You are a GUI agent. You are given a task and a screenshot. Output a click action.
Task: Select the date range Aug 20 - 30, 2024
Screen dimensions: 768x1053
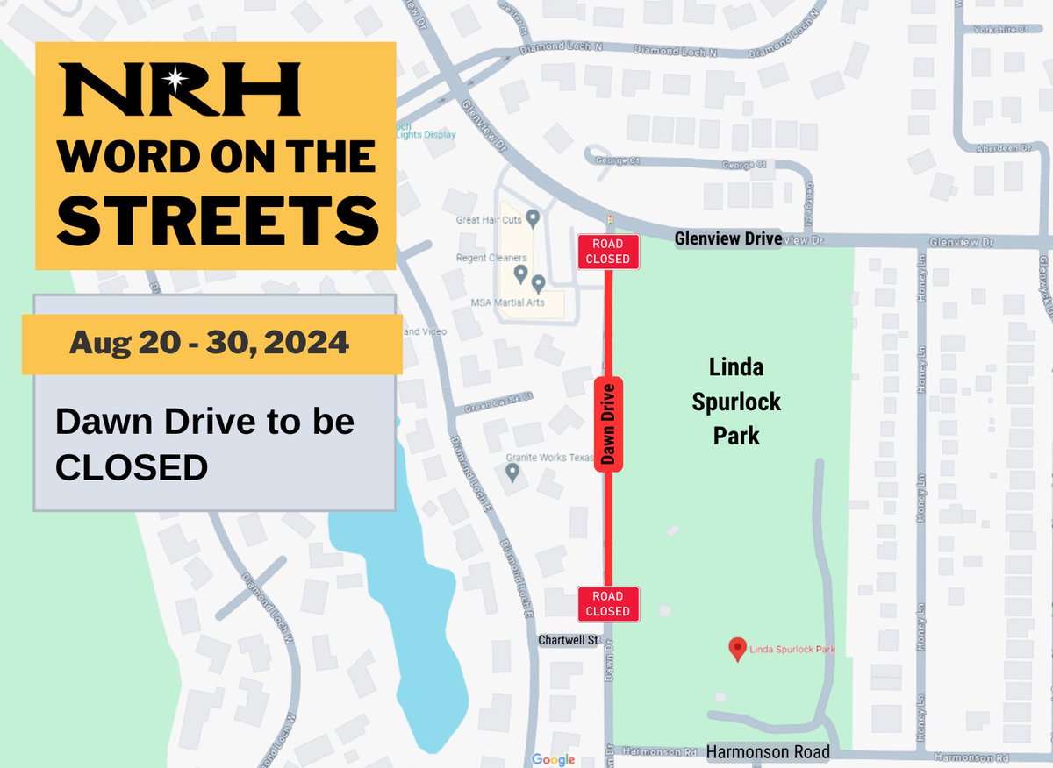(209, 343)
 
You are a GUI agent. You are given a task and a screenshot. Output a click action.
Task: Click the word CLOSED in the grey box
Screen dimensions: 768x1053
(132, 467)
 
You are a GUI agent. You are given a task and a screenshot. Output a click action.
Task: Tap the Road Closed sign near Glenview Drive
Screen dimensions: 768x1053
(607, 252)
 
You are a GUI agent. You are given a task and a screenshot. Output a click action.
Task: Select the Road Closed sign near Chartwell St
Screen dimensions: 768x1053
(607, 604)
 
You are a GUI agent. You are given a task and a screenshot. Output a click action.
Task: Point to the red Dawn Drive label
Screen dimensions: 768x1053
(608, 424)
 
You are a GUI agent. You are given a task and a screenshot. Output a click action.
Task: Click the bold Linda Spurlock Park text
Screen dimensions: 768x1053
(735, 401)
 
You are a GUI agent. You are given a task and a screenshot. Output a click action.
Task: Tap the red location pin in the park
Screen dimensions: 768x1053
(739, 648)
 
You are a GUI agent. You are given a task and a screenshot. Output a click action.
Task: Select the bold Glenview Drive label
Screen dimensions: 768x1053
(727, 238)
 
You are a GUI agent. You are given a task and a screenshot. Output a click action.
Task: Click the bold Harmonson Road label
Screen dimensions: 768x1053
(768, 752)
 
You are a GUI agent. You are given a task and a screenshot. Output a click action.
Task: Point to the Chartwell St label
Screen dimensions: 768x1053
(568, 641)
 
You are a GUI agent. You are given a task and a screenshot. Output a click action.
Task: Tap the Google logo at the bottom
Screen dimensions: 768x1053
(553, 759)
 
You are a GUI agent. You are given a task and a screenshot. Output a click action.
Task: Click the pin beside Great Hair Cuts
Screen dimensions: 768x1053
(530, 217)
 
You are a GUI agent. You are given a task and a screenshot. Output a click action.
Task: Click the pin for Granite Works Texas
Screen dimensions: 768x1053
(512, 473)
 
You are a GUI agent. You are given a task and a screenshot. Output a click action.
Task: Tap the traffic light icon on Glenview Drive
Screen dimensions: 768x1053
(609, 219)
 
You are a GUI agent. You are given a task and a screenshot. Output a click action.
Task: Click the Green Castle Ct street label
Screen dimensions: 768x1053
(499, 398)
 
